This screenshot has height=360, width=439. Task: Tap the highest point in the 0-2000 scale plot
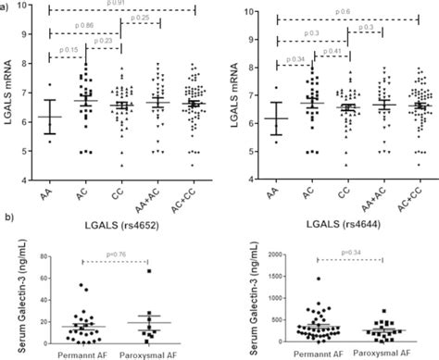click(x=319, y=279)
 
